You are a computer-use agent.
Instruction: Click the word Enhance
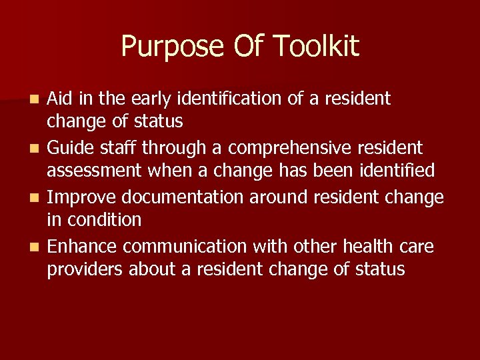(82, 247)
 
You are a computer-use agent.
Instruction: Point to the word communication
(185, 247)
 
